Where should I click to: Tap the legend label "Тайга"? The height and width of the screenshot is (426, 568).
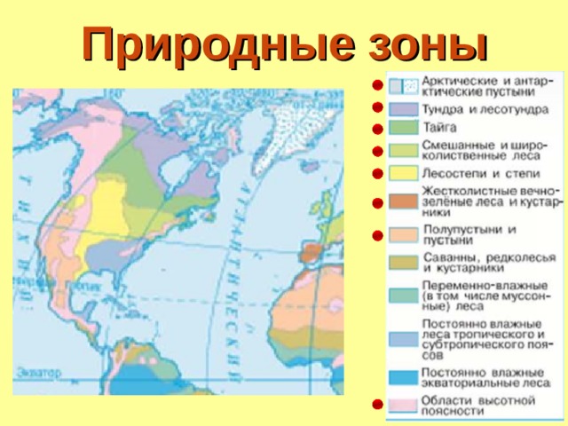coord(440,128)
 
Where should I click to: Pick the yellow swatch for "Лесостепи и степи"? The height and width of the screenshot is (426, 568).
coord(401,171)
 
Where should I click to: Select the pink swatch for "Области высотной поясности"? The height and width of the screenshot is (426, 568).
coord(401,406)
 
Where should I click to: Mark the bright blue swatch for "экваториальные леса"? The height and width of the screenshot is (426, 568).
coord(401,376)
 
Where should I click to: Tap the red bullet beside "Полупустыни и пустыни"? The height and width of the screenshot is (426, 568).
coord(377,236)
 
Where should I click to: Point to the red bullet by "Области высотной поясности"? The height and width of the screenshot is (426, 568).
coord(377,406)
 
